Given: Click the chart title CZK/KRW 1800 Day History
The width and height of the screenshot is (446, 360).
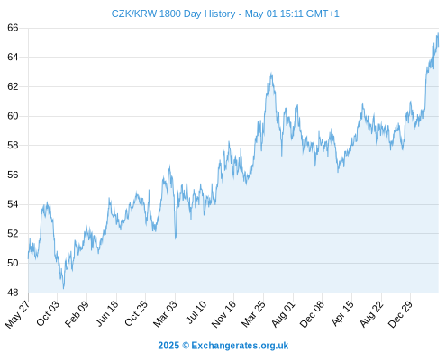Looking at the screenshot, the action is click(173, 13).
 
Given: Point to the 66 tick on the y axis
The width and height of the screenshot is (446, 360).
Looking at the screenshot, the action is click(13, 28).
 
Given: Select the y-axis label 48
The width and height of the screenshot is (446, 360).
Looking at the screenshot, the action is click(13, 292).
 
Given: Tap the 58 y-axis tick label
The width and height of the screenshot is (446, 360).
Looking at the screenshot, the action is click(13, 146).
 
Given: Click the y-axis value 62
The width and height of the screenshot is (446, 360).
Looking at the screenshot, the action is click(13, 86).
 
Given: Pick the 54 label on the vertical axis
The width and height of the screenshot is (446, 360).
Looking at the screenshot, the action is click(13, 204).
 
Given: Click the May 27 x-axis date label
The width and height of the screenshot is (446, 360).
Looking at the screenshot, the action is click(18, 313).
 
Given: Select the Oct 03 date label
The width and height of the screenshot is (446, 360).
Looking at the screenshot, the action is click(48, 313).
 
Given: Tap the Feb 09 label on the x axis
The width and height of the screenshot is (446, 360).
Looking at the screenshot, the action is click(77, 313).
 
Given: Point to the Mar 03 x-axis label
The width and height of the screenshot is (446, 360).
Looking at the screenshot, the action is click(165, 313).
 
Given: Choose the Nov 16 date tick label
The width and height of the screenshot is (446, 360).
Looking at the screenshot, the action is click(223, 314).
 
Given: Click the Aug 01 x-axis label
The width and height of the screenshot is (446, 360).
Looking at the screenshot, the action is click(283, 314).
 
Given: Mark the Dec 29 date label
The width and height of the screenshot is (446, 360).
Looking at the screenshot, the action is click(400, 314).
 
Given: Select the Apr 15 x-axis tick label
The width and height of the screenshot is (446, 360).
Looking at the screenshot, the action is click(342, 313).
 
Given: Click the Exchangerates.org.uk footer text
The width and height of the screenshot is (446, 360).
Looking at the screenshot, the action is click(240, 346).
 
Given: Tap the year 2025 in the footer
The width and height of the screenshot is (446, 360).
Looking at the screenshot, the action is click(168, 346).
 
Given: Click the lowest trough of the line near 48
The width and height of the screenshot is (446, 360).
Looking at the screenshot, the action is click(63, 289).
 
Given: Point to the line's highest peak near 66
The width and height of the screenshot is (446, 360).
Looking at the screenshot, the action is click(438, 33).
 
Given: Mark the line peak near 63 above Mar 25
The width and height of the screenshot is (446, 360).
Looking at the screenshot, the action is click(271, 73).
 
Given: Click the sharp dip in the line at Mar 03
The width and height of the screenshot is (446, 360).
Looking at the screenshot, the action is click(176, 238).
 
